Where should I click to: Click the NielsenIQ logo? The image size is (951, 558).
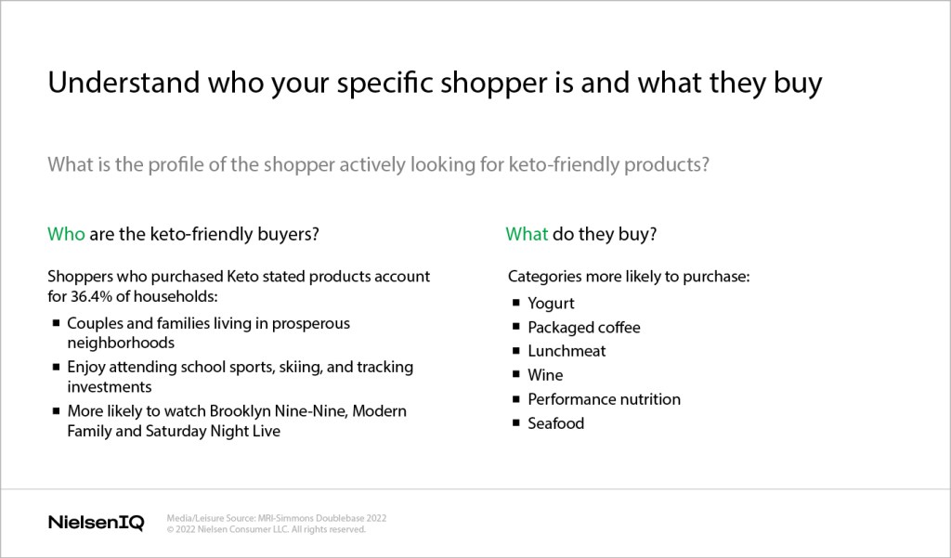pos(96,522)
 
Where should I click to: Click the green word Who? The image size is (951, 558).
pos(66,234)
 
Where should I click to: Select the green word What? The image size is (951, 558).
pos(528,234)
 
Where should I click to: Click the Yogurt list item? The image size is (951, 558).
pos(551,304)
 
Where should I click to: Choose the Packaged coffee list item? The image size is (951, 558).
pos(584,328)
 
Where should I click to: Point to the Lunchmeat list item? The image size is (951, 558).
pos(567,351)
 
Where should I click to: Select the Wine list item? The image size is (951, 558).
pos(545,375)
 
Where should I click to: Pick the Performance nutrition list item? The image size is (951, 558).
pos(604,399)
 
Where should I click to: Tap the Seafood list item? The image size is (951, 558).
pos(555,423)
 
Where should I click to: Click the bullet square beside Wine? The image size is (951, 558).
pos(516,374)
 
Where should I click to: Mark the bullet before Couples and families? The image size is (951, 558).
pos(57,323)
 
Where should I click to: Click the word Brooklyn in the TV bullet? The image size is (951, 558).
pos(241,411)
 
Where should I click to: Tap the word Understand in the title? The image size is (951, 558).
pos(124,82)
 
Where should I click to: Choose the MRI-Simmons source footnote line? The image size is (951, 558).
pos(277,518)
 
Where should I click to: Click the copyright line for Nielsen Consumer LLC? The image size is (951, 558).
pos(267,529)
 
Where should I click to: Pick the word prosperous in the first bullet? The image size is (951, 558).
pos(310,324)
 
